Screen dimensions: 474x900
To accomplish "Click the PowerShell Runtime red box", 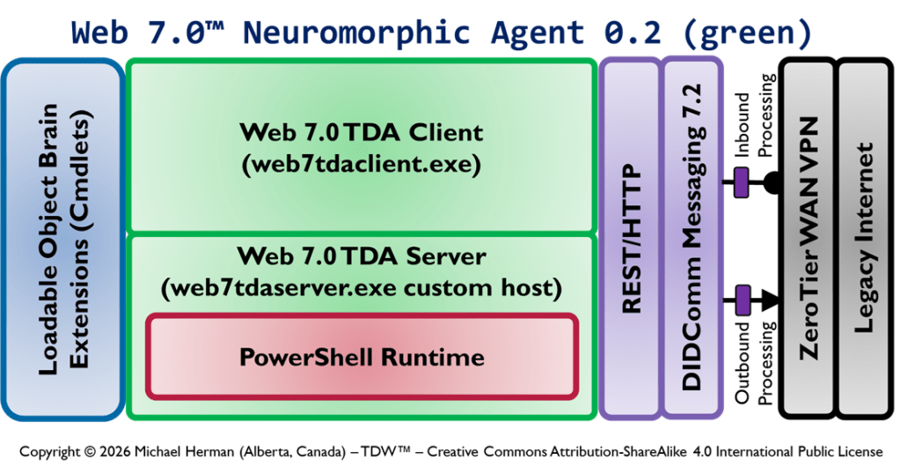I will pos(362,357).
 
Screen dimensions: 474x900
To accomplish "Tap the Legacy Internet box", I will pos(865,238).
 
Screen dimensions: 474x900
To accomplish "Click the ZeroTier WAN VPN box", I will pos(808,238).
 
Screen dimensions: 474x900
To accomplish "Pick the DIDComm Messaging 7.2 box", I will pos(691,238).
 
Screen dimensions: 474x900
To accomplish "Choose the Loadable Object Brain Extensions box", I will pos(63,238).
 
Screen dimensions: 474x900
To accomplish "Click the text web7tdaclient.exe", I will pos(362,163).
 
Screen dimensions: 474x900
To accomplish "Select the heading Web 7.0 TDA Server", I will pos(362,256).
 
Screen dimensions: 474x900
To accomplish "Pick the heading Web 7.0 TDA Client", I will pos(362,132).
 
